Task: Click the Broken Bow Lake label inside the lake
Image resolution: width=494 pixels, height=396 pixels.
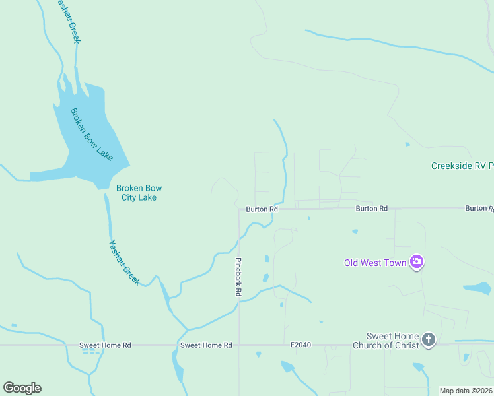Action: (x=91, y=135)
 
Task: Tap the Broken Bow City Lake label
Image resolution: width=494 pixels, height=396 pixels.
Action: (x=139, y=193)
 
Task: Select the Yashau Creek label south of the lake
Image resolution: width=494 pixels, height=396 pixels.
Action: (x=124, y=261)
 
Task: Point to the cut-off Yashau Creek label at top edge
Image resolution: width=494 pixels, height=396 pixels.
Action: (x=69, y=20)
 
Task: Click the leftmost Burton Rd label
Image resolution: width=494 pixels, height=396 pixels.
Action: (x=262, y=209)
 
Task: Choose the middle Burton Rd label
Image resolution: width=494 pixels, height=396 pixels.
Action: (x=371, y=208)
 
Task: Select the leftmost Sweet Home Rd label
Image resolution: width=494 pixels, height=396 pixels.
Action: (x=105, y=345)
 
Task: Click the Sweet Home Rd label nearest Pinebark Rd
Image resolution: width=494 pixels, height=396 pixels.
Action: (x=206, y=345)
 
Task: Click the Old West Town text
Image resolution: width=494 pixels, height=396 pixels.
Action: (x=374, y=263)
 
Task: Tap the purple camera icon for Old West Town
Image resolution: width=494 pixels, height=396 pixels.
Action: (x=417, y=262)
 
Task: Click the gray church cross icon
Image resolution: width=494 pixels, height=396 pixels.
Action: (x=429, y=340)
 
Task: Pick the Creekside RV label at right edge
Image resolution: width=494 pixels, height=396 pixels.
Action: (x=462, y=166)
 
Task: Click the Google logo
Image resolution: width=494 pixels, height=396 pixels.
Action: (x=22, y=387)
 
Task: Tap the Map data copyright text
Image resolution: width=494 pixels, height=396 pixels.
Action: (x=465, y=391)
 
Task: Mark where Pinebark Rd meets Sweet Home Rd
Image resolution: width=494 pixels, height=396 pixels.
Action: (x=239, y=345)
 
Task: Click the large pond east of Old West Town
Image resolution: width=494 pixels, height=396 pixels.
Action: (x=477, y=288)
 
